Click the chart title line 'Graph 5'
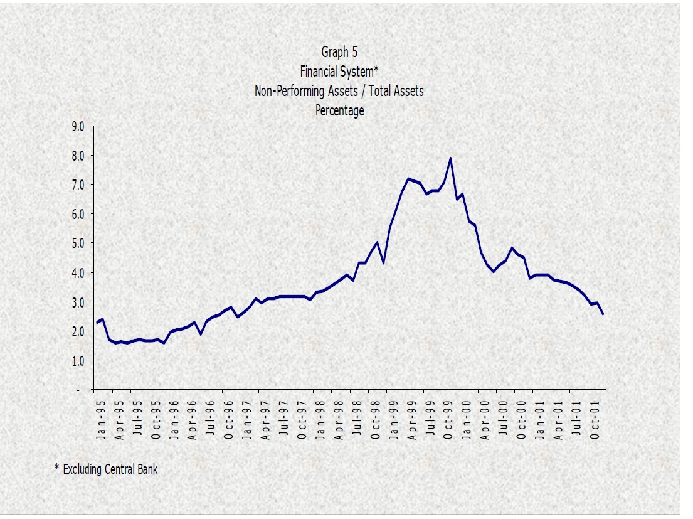pyautogui.click(x=339, y=52)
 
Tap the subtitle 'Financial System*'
pyautogui.click(x=339, y=72)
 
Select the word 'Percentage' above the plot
pyautogui.click(x=339, y=110)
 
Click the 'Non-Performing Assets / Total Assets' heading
pyautogui.click(x=339, y=91)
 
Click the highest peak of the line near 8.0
pyautogui.click(x=450, y=158)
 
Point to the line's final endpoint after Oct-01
pyautogui.click(x=603, y=314)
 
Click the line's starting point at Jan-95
pyautogui.click(x=97, y=323)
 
